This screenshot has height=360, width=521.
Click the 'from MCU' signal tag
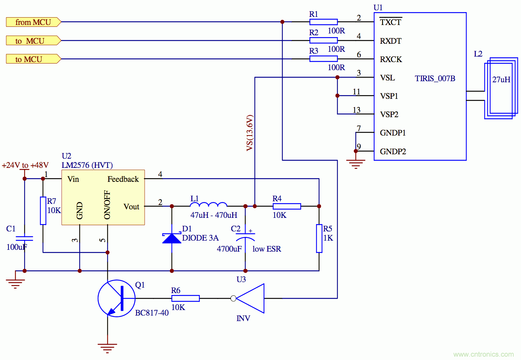(x=33, y=22)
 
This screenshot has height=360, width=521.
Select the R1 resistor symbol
(x=323, y=22)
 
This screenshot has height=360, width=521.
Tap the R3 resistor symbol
(x=323, y=59)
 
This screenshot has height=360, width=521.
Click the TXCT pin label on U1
(x=390, y=22)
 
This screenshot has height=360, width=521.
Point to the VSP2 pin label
(x=389, y=114)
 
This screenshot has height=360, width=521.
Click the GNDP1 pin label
(x=392, y=133)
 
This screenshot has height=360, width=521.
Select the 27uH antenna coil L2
(x=501, y=88)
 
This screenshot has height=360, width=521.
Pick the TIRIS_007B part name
(x=435, y=78)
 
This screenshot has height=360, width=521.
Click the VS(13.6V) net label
(x=250, y=133)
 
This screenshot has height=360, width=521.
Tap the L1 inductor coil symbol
(x=209, y=205)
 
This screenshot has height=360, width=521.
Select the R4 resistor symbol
(x=287, y=206)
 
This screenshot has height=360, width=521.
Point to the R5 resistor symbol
(x=319, y=238)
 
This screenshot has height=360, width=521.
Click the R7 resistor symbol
(x=43, y=210)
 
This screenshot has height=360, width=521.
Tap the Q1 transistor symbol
(x=117, y=298)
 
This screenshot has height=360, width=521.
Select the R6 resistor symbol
(x=185, y=298)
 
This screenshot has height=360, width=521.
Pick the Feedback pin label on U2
(x=123, y=179)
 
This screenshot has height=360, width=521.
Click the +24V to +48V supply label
(x=25, y=165)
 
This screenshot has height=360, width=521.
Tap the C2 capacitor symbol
(x=245, y=236)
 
